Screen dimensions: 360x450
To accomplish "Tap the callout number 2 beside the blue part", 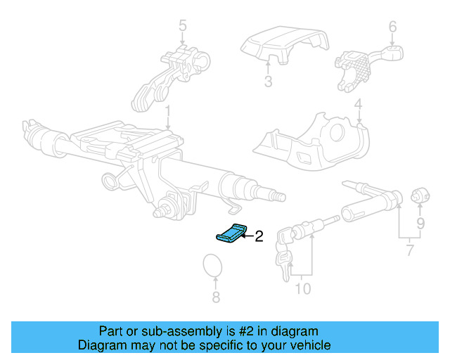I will [258, 236].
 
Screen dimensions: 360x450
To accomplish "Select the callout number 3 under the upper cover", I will [268, 82].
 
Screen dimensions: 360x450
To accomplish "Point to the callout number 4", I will [358, 107].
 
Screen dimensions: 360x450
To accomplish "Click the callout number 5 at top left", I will [182, 27].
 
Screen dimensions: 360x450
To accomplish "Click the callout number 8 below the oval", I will [216, 297].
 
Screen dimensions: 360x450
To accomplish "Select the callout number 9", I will [420, 225].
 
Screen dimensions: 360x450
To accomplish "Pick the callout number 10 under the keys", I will [302, 288].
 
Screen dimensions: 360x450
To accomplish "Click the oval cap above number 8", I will [212, 267].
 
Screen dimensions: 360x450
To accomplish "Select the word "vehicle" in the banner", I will [308, 345].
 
